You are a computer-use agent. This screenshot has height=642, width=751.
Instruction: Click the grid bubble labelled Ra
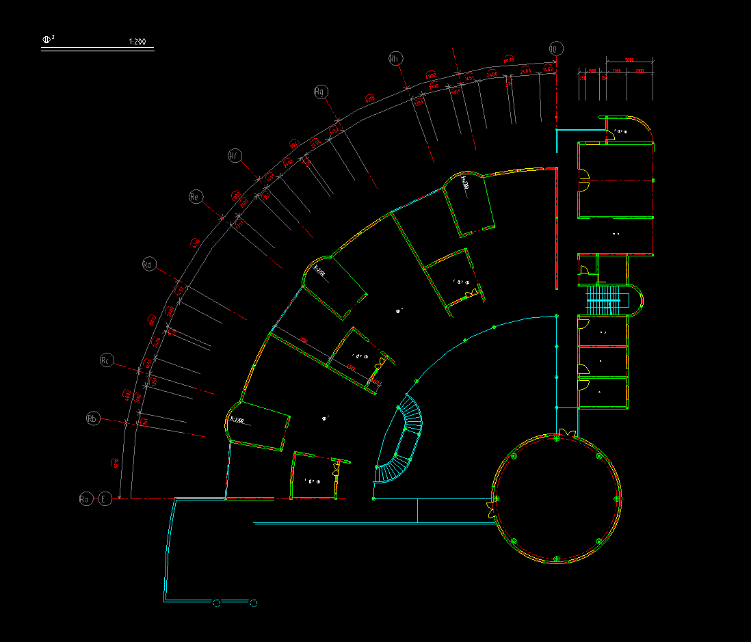click(85, 499)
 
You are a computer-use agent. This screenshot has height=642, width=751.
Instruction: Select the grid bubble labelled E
click(105, 499)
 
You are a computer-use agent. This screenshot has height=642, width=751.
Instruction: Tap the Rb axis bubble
click(93, 418)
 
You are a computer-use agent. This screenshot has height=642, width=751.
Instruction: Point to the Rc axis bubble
click(106, 360)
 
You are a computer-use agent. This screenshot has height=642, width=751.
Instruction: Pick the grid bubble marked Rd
click(149, 264)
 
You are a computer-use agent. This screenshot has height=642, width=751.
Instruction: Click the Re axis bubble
click(195, 197)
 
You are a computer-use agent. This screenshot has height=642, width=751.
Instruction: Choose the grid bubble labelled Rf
click(234, 156)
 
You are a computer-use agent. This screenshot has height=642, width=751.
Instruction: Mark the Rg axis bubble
click(320, 91)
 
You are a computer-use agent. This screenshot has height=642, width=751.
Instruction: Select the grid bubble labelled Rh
click(395, 59)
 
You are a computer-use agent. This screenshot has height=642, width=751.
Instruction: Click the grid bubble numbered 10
click(555, 49)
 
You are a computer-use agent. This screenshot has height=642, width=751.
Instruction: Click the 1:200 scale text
click(137, 42)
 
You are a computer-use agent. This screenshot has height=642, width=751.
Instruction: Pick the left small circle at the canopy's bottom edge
click(217, 602)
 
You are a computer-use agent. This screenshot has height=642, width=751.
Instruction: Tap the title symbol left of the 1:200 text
click(47, 40)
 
